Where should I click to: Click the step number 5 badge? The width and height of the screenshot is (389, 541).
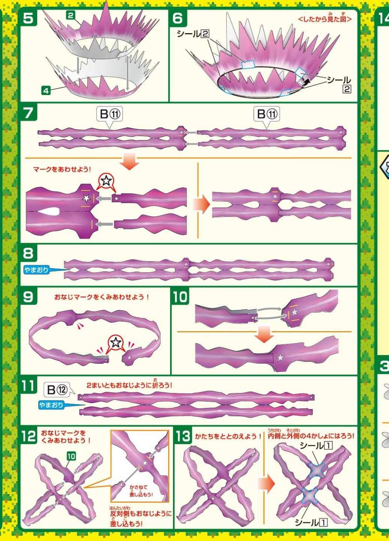[28, 18]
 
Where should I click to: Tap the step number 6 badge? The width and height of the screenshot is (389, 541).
[178, 18]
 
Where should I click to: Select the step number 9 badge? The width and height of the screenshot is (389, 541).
[28, 296]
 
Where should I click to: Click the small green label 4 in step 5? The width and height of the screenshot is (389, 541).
[46, 91]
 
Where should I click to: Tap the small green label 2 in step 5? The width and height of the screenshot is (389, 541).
[70, 16]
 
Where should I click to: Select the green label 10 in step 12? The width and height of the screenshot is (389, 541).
[71, 456]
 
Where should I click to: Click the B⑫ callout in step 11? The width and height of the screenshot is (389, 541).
[57, 390]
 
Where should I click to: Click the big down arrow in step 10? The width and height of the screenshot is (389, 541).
[264, 334]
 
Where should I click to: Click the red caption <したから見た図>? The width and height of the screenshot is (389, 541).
[325, 19]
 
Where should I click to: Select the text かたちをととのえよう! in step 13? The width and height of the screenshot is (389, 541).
[228, 437]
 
